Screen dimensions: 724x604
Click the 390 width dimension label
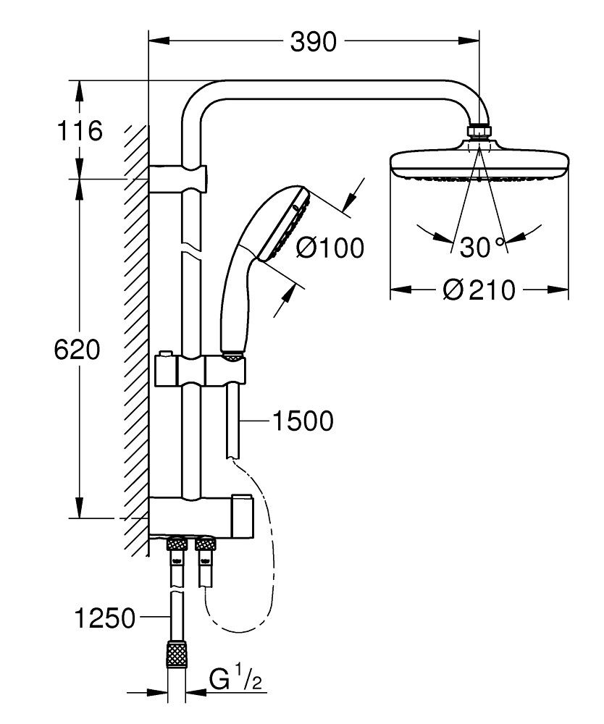tap(314, 43)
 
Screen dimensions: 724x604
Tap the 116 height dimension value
tap(79, 132)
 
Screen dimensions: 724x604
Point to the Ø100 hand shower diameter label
tap(330, 248)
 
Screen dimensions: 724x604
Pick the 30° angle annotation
tap(479, 247)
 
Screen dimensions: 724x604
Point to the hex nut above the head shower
tap(479, 131)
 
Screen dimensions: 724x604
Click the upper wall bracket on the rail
tap(180, 176)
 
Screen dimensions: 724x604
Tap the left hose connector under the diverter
tap(176, 550)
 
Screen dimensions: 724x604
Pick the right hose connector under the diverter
tap(204, 550)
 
